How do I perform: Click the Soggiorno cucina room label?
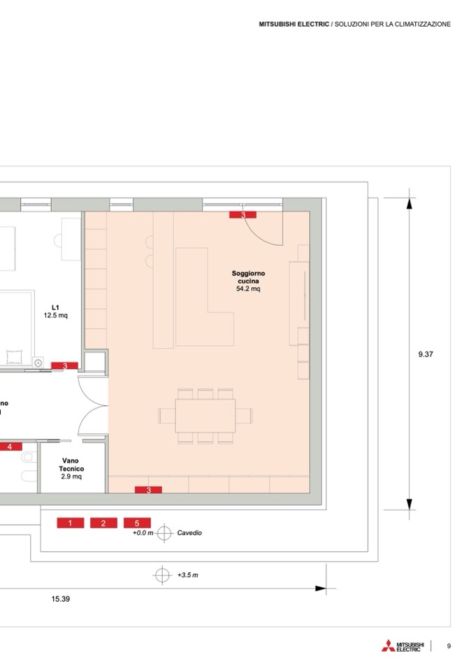[x=248, y=277]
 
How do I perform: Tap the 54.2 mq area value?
[x=248, y=289]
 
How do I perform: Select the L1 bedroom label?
[x=55, y=307]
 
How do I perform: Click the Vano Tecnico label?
[x=71, y=465]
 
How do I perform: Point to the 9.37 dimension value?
[x=426, y=354]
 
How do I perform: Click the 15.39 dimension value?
[x=61, y=599]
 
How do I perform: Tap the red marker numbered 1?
[x=71, y=523]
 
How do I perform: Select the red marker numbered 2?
[x=103, y=523]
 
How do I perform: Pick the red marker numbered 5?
[x=137, y=523]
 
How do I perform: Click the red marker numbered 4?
[x=9, y=447]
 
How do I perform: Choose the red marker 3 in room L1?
[x=64, y=366]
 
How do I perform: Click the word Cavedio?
[x=189, y=533]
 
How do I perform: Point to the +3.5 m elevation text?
[x=187, y=575]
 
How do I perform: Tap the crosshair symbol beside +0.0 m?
[x=164, y=533]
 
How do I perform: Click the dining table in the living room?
[x=206, y=416]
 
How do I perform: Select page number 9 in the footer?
[x=449, y=646]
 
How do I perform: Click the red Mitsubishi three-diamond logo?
[x=389, y=646]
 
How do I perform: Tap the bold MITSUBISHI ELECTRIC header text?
[x=294, y=24]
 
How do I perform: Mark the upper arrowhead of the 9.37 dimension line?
[x=410, y=204]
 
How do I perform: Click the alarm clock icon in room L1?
[x=38, y=363]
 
